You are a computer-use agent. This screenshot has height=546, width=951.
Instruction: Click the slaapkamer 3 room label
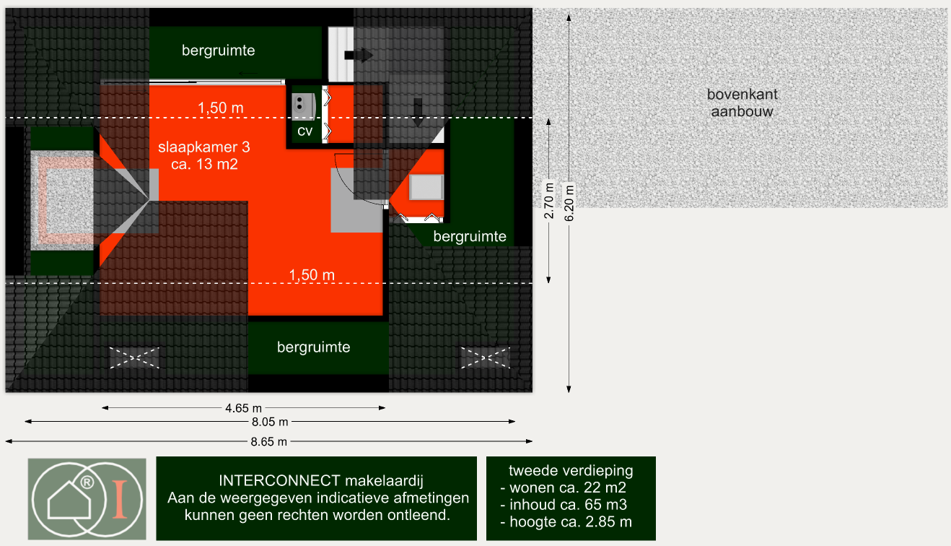point(204,155)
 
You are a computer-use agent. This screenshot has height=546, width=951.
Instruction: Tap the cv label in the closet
point(304,131)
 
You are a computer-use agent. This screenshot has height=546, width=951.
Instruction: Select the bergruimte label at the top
point(218,51)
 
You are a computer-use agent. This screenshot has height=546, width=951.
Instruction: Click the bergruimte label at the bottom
point(314,347)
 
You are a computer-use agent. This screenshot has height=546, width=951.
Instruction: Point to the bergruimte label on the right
point(470,236)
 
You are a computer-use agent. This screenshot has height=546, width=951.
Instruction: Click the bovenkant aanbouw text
point(742,103)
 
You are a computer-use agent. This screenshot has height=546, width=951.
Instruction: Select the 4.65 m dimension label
point(243,408)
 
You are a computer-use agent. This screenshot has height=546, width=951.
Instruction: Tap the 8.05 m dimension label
point(270,422)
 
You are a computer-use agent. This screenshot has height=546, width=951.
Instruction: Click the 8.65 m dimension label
point(268,442)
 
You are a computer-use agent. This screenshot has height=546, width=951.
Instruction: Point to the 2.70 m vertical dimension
point(549,201)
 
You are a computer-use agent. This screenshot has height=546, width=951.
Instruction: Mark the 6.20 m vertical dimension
point(569,203)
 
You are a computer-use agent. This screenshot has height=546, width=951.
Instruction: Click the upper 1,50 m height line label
point(221,108)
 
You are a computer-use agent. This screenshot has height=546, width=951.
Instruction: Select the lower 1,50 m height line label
point(312,275)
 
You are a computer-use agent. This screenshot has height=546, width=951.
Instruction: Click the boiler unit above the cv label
point(304,105)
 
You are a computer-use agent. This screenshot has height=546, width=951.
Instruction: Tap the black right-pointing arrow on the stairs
point(359,55)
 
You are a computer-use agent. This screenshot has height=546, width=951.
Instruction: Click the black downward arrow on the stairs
point(418,112)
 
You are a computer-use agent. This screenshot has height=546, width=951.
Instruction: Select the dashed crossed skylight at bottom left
point(135,357)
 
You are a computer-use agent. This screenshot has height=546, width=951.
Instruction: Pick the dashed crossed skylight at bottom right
point(486,357)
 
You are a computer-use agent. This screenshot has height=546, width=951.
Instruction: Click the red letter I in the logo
point(120,499)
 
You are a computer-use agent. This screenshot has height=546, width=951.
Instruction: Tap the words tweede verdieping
point(571,470)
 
